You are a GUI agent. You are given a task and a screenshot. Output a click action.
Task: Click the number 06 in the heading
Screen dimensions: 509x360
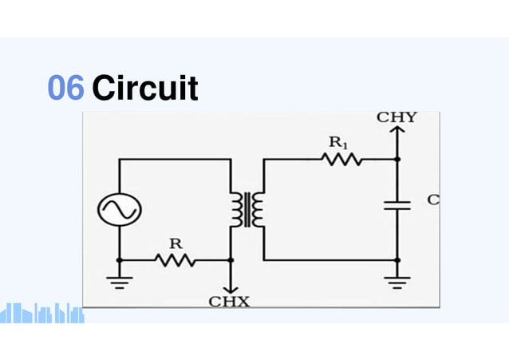[x=66, y=87]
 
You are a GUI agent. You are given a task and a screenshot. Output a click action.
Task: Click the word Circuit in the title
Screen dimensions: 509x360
[x=145, y=88]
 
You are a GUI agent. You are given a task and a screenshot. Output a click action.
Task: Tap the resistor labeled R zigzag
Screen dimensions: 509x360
[x=176, y=260]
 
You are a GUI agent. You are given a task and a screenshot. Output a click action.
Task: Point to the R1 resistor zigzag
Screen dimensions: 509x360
[x=341, y=159]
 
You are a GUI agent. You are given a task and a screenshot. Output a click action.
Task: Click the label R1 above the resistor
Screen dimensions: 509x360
[x=338, y=142]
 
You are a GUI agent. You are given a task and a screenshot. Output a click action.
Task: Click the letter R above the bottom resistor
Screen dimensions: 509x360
[x=176, y=243]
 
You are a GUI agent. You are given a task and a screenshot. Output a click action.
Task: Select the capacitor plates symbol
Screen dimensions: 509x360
[x=397, y=205]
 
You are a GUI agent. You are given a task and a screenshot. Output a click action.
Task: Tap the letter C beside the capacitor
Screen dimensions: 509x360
[x=433, y=200]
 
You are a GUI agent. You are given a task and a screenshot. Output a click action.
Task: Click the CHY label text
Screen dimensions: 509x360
[x=397, y=117]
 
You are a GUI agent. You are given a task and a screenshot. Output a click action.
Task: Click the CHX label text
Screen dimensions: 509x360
[x=229, y=302]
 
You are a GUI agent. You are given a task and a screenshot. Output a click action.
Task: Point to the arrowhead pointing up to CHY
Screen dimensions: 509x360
[x=397, y=129]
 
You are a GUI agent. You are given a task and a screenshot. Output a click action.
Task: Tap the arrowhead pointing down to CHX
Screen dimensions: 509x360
[x=231, y=290]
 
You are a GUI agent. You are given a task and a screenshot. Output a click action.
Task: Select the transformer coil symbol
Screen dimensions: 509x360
[x=247, y=210]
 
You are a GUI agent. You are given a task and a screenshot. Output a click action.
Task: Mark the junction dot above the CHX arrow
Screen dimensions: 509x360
[x=231, y=260]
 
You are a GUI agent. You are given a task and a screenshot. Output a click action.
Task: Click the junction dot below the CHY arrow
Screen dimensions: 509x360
[x=397, y=159]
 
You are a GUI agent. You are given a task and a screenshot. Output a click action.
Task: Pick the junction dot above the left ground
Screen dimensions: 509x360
[x=120, y=260]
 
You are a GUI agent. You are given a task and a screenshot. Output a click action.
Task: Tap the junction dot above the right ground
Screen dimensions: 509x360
[x=397, y=260]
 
